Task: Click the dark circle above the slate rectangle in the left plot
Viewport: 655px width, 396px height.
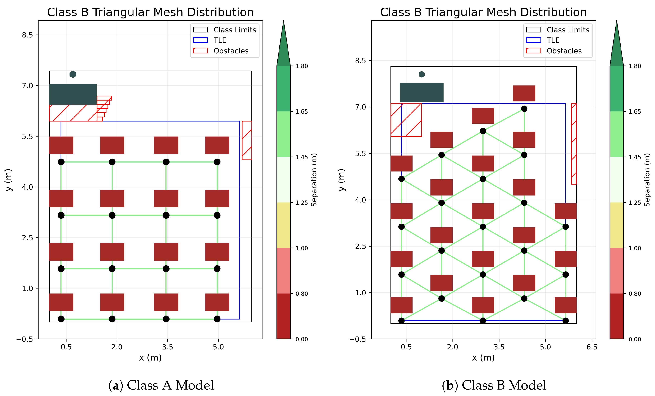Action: pyautogui.click(x=73, y=74)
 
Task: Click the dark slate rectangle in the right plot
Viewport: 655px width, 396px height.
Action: pyautogui.click(x=421, y=92)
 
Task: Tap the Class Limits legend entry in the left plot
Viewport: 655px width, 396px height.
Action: pyautogui.click(x=234, y=30)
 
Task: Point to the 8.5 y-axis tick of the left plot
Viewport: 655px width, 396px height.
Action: pyautogui.click(x=27, y=35)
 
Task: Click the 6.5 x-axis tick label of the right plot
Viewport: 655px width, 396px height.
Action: pyautogui.click(x=592, y=347)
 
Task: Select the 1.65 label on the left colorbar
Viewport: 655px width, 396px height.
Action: pyautogui.click(x=302, y=112)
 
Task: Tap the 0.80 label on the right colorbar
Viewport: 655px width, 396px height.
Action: pyautogui.click(x=635, y=294)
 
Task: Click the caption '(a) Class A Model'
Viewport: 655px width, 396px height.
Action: pyautogui.click(x=161, y=385)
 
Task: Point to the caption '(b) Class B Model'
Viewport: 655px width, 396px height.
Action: pyautogui.click(x=494, y=385)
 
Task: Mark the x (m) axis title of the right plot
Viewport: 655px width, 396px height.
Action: pyautogui.click(x=483, y=357)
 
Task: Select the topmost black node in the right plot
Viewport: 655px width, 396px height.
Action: pyautogui.click(x=524, y=109)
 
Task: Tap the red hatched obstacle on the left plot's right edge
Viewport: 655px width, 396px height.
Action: pyautogui.click(x=247, y=140)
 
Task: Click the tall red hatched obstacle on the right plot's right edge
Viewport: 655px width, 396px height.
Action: pyautogui.click(x=574, y=144)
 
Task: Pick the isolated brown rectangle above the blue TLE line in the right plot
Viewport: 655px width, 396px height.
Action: pyautogui.click(x=524, y=93)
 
